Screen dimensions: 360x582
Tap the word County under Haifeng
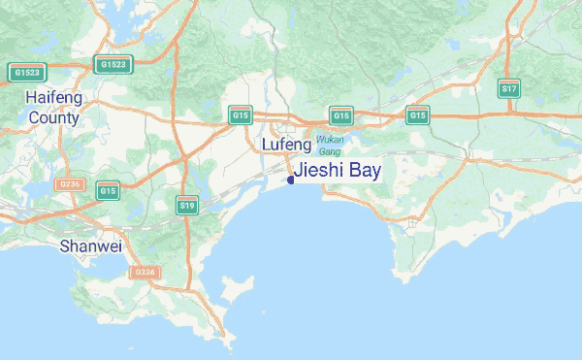[x=54, y=118]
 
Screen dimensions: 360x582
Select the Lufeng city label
[x=287, y=145]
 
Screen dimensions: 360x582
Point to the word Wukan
[x=331, y=140]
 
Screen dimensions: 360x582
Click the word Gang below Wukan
[x=330, y=152]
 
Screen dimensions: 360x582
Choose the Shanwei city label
[x=91, y=245]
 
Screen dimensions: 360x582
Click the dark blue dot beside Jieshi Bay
[x=291, y=179]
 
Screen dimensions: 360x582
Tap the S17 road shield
[x=509, y=88]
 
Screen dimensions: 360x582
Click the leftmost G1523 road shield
[x=27, y=72]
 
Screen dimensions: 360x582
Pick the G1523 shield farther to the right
[x=113, y=65]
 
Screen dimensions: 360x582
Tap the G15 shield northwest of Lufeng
[x=241, y=115]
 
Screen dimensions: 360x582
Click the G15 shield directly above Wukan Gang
[x=340, y=115]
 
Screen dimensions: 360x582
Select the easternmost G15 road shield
[x=418, y=115]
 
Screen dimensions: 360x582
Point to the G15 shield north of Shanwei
[x=108, y=191]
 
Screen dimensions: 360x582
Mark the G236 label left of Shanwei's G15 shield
[x=69, y=183]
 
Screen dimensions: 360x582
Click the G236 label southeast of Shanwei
[x=144, y=273]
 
